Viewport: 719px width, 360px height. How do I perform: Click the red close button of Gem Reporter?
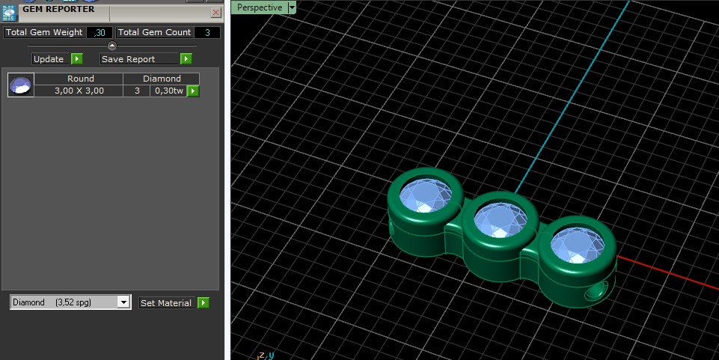click(x=216, y=13)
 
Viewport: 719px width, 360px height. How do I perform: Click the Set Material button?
click(x=174, y=303)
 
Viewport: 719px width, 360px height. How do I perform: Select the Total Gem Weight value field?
click(x=100, y=32)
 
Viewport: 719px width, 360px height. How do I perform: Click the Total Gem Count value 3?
click(x=207, y=32)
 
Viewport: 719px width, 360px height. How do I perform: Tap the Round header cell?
click(x=80, y=79)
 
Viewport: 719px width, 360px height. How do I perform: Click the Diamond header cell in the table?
click(x=162, y=79)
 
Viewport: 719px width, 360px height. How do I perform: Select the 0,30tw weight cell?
click(x=168, y=91)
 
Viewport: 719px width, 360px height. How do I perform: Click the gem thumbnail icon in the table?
click(x=20, y=85)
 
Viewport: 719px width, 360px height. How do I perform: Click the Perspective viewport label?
click(x=260, y=7)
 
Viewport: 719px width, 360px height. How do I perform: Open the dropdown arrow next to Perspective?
click(x=292, y=7)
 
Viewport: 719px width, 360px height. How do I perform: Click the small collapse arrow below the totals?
click(x=112, y=46)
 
